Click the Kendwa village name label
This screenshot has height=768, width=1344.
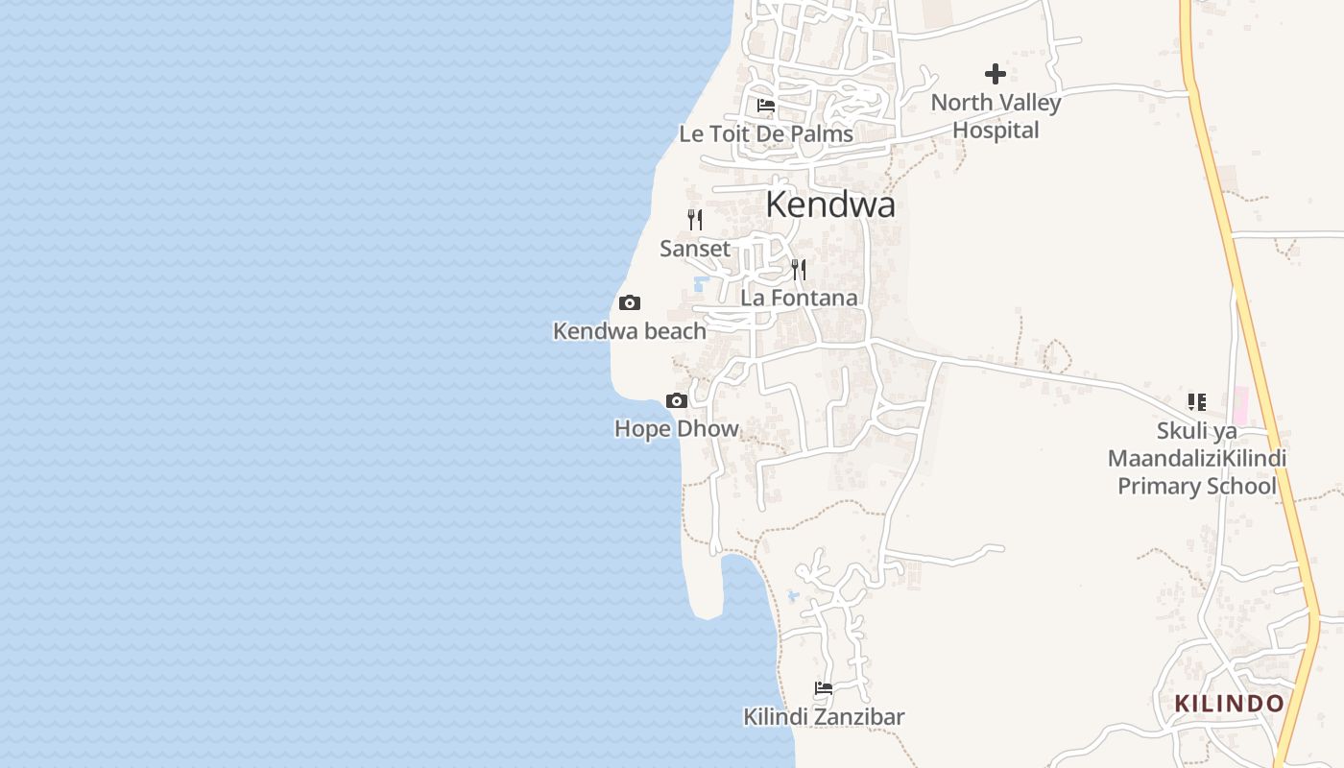click(830, 204)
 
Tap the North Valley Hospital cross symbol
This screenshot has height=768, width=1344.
click(996, 73)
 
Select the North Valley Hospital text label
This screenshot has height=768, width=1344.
click(996, 116)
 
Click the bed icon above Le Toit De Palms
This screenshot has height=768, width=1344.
click(766, 105)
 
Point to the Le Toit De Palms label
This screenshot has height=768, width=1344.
click(766, 134)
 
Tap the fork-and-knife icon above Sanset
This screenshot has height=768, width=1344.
click(695, 220)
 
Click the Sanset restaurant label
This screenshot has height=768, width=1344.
click(695, 249)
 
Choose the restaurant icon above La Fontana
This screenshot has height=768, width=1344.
click(799, 269)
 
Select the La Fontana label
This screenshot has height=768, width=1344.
click(799, 298)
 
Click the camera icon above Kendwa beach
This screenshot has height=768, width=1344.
click(630, 303)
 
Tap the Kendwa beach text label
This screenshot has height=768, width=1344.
click(630, 331)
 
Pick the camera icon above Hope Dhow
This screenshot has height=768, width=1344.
click(677, 400)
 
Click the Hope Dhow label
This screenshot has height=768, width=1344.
click(677, 428)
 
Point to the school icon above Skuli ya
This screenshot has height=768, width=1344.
click(1196, 401)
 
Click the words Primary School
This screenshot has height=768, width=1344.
click(1196, 486)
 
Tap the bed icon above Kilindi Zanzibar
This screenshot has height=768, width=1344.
click(824, 688)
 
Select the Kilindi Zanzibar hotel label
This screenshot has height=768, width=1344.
click(824, 716)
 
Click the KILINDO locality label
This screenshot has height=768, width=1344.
click(1230, 703)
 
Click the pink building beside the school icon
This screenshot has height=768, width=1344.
click(1239, 406)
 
